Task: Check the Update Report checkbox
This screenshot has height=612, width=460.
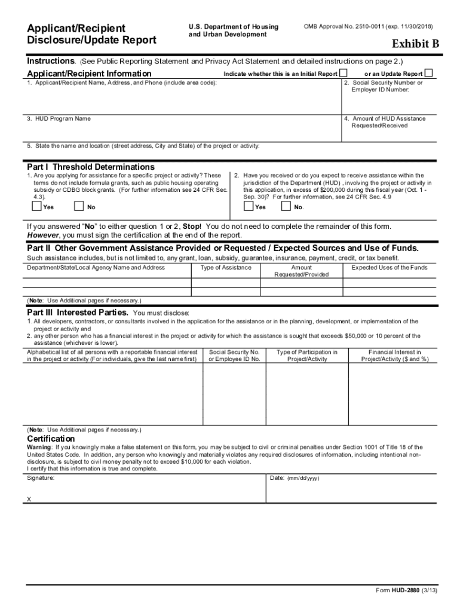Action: pyautogui.click(x=428, y=74)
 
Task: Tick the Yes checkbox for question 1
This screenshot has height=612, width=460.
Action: pyautogui.click(x=36, y=207)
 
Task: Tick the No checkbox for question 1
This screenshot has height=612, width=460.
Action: pyautogui.click(x=79, y=207)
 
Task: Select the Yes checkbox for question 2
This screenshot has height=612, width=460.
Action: pyautogui.click(x=249, y=207)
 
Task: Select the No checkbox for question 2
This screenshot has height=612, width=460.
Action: pyautogui.click(x=286, y=207)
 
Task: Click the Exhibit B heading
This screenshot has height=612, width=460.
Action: pyautogui.click(x=415, y=44)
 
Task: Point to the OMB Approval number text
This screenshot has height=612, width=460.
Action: pyautogui.click(x=368, y=27)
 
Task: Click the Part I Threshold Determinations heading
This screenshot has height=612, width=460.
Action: pyautogui.click(x=91, y=167)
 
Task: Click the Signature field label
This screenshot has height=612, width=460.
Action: pyautogui.click(x=41, y=478)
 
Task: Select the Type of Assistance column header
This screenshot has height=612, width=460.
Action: pyautogui.click(x=226, y=268)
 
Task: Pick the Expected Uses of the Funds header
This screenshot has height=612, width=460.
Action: pyautogui.click(x=389, y=268)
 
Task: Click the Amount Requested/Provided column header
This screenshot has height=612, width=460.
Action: pyautogui.click(x=301, y=271)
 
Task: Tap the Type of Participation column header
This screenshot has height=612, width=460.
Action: pyautogui.click(x=307, y=356)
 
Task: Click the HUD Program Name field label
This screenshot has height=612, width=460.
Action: pyautogui.click(x=59, y=118)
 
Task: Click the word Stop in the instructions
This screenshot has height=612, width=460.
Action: pyautogui.click(x=191, y=227)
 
